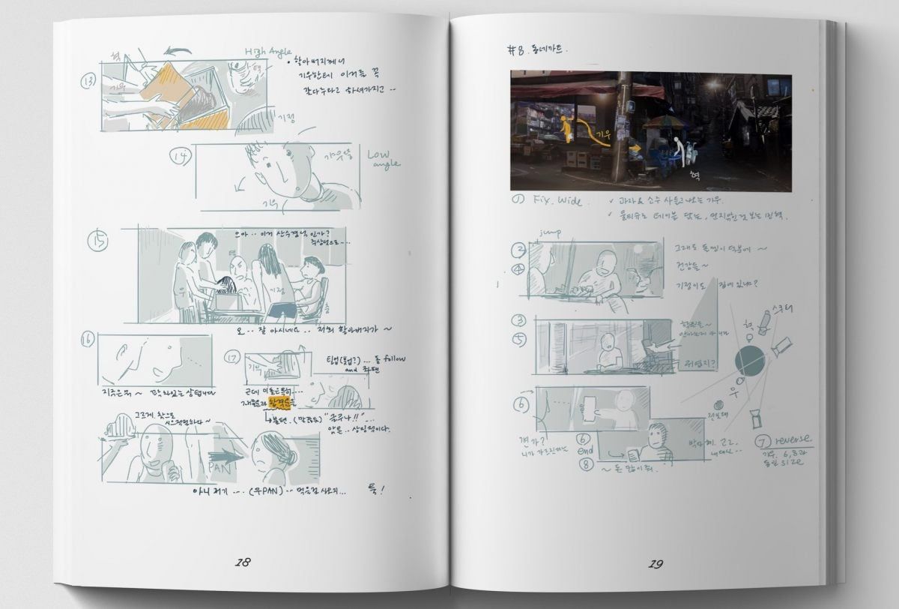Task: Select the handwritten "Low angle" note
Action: point(384,158)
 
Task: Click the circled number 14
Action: point(180,156)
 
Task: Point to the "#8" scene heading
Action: point(517,50)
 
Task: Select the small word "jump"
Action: point(550,233)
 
